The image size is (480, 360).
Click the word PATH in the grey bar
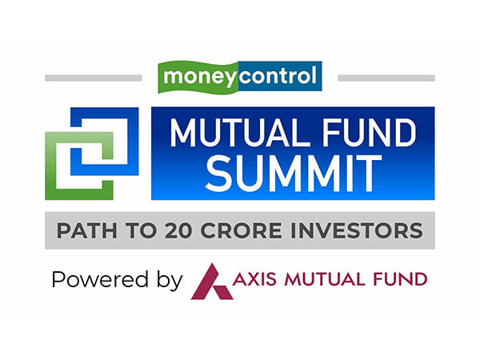click(84, 231)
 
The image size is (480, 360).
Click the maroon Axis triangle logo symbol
click(210, 280)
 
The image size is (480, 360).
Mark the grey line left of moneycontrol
click(93, 78)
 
